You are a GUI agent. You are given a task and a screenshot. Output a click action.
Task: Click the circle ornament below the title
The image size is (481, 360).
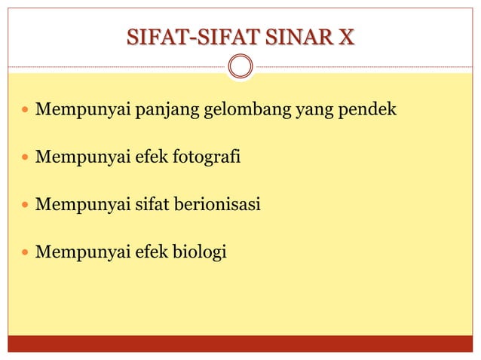(240, 66)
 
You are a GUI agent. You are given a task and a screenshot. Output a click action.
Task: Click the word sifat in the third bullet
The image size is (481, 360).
(154, 205)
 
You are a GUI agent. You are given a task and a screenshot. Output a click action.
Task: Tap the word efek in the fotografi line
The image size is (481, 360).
(152, 159)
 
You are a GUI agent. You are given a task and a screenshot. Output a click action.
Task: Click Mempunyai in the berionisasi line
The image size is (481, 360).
(84, 205)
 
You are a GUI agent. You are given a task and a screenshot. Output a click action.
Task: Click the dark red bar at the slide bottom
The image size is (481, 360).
(240, 343)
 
